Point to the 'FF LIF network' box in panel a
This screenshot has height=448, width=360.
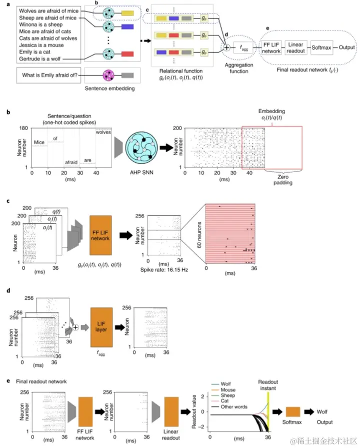(x=272, y=49)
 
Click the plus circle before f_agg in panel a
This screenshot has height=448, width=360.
(x=226, y=48)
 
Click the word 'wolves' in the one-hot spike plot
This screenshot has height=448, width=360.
(x=104, y=132)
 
